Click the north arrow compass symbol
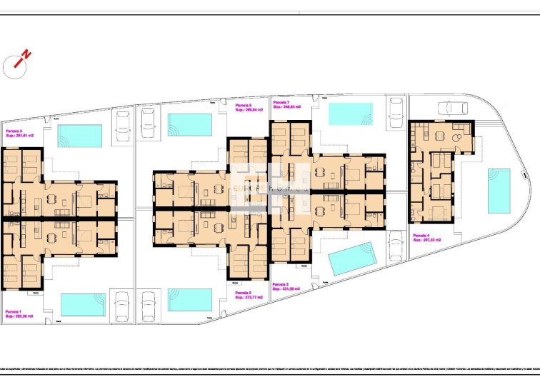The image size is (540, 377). pyautogui.click(x=16, y=64)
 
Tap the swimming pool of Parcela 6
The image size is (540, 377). pyautogui.click(x=189, y=124)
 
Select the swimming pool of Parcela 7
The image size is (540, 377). pyautogui.click(x=350, y=114)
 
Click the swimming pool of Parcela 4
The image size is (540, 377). pyautogui.click(x=498, y=191)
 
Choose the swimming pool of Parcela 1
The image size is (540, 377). pyautogui.click(x=83, y=304)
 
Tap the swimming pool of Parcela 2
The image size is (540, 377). pyautogui.click(x=189, y=300)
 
